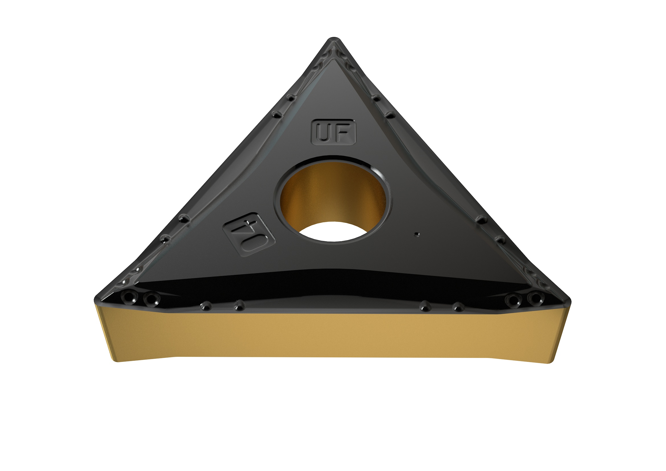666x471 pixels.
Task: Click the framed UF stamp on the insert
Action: pyautogui.click(x=333, y=132)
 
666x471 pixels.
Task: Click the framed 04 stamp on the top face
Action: pyautogui.click(x=249, y=234)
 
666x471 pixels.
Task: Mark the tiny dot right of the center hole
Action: pyautogui.click(x=417, y=234)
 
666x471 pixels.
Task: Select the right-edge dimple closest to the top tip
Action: pyautogui.click(x=376, y=98)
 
